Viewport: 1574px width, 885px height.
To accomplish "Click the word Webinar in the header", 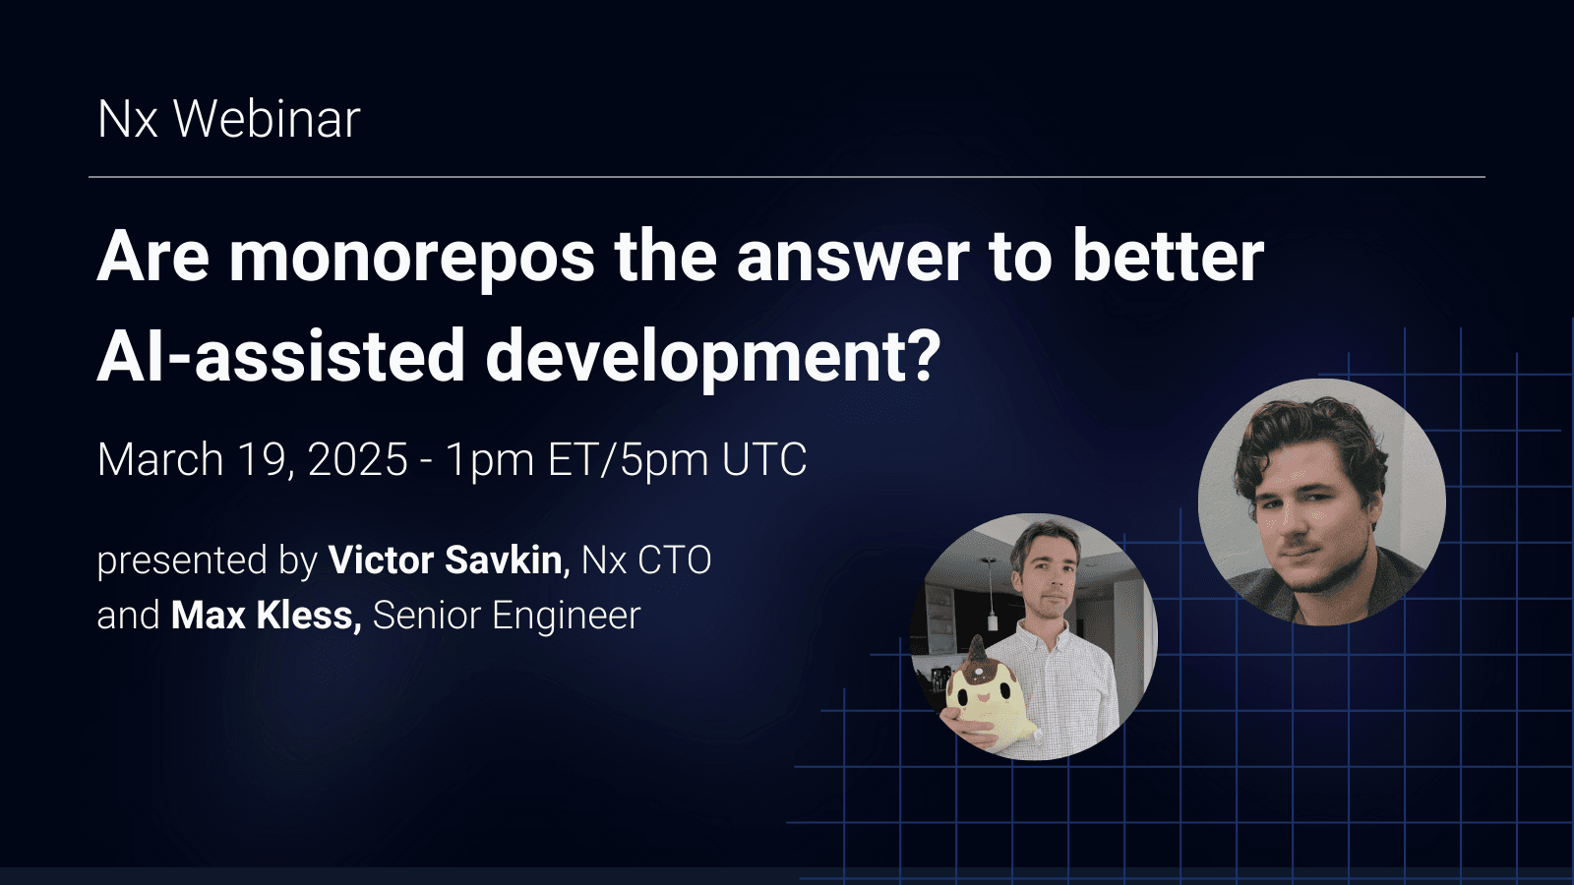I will (267, 120).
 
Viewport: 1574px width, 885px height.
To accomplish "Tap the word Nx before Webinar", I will (127, 120).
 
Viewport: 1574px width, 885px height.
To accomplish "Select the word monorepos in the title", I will (412, 258).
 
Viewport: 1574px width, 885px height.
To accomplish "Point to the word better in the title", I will (1168, 258).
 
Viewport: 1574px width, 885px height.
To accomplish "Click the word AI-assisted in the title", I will (280, 356).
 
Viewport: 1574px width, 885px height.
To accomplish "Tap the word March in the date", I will (160, 460).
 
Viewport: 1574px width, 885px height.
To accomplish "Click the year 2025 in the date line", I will (358, 460).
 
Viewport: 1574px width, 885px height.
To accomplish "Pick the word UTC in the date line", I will (764, 460).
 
